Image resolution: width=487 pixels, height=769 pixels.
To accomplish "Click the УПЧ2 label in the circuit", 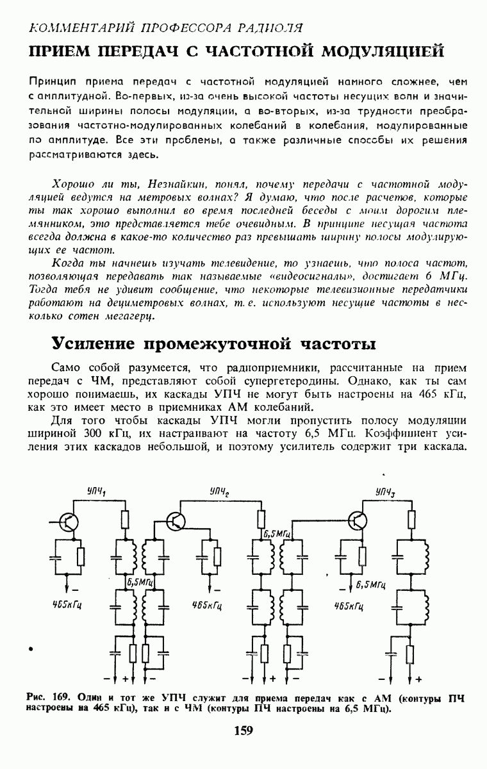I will (x=219, y=491).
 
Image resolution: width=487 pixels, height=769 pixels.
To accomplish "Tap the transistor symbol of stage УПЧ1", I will (x=69, y=521).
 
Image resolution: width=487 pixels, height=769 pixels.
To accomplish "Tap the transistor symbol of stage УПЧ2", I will (x=176, y=522).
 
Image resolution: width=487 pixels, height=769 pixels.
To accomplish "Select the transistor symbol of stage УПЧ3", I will (x=359, y=520).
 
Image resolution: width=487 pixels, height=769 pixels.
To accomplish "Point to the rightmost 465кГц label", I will (x=349, y=605).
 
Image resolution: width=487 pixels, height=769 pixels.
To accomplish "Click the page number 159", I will (x=244, y=730).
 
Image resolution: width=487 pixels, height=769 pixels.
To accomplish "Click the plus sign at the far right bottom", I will (x=419, y=678).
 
